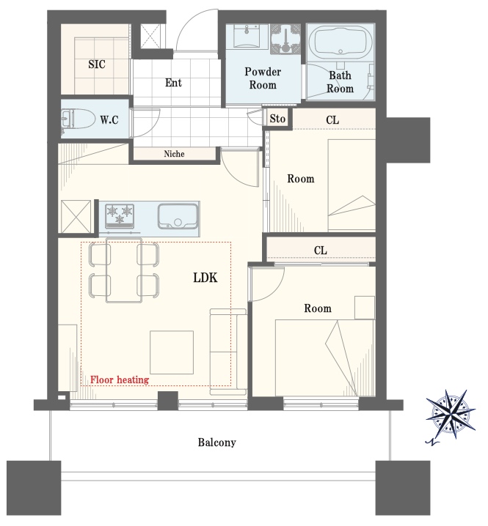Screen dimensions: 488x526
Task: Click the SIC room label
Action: pos(97,64)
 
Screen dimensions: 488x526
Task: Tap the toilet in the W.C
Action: pos(78,119)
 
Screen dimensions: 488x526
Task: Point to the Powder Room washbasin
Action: pos(247,36)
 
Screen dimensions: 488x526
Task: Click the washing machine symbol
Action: pos(285,39)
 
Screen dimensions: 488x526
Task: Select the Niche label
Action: pos(174,154)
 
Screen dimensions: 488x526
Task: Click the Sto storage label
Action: pos(277,119)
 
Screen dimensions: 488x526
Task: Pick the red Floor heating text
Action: pos(120,379)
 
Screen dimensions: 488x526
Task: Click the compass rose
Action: pos(451,415)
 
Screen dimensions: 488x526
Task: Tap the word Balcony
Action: pos(216,442)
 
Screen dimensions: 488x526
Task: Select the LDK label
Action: pos(205,278)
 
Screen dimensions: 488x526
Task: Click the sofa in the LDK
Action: pos(228,352)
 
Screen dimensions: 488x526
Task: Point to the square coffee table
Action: pos(172,352)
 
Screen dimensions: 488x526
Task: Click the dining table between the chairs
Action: pos(124,270)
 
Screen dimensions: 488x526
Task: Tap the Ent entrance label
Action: pos(173,83)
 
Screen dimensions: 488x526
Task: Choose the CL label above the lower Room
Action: pos(320,251)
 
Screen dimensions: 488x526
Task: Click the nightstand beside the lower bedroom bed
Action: pos(365,308)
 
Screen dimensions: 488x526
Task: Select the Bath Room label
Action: pos(340,82)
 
